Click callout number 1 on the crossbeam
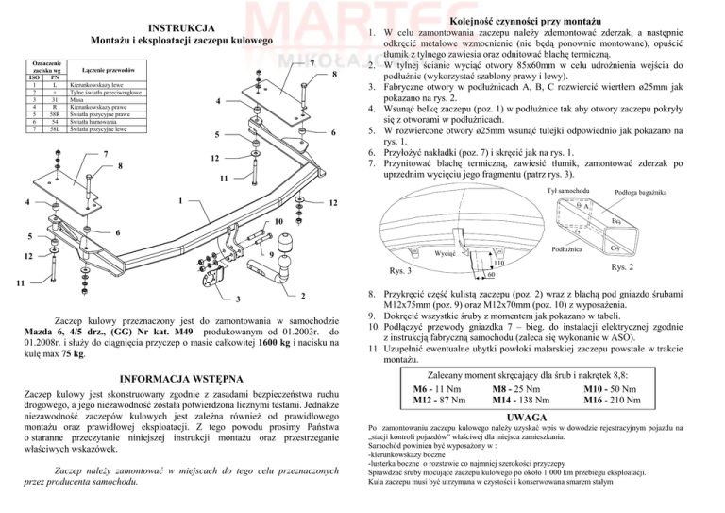pyautogui.click(x=179, y=200)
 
